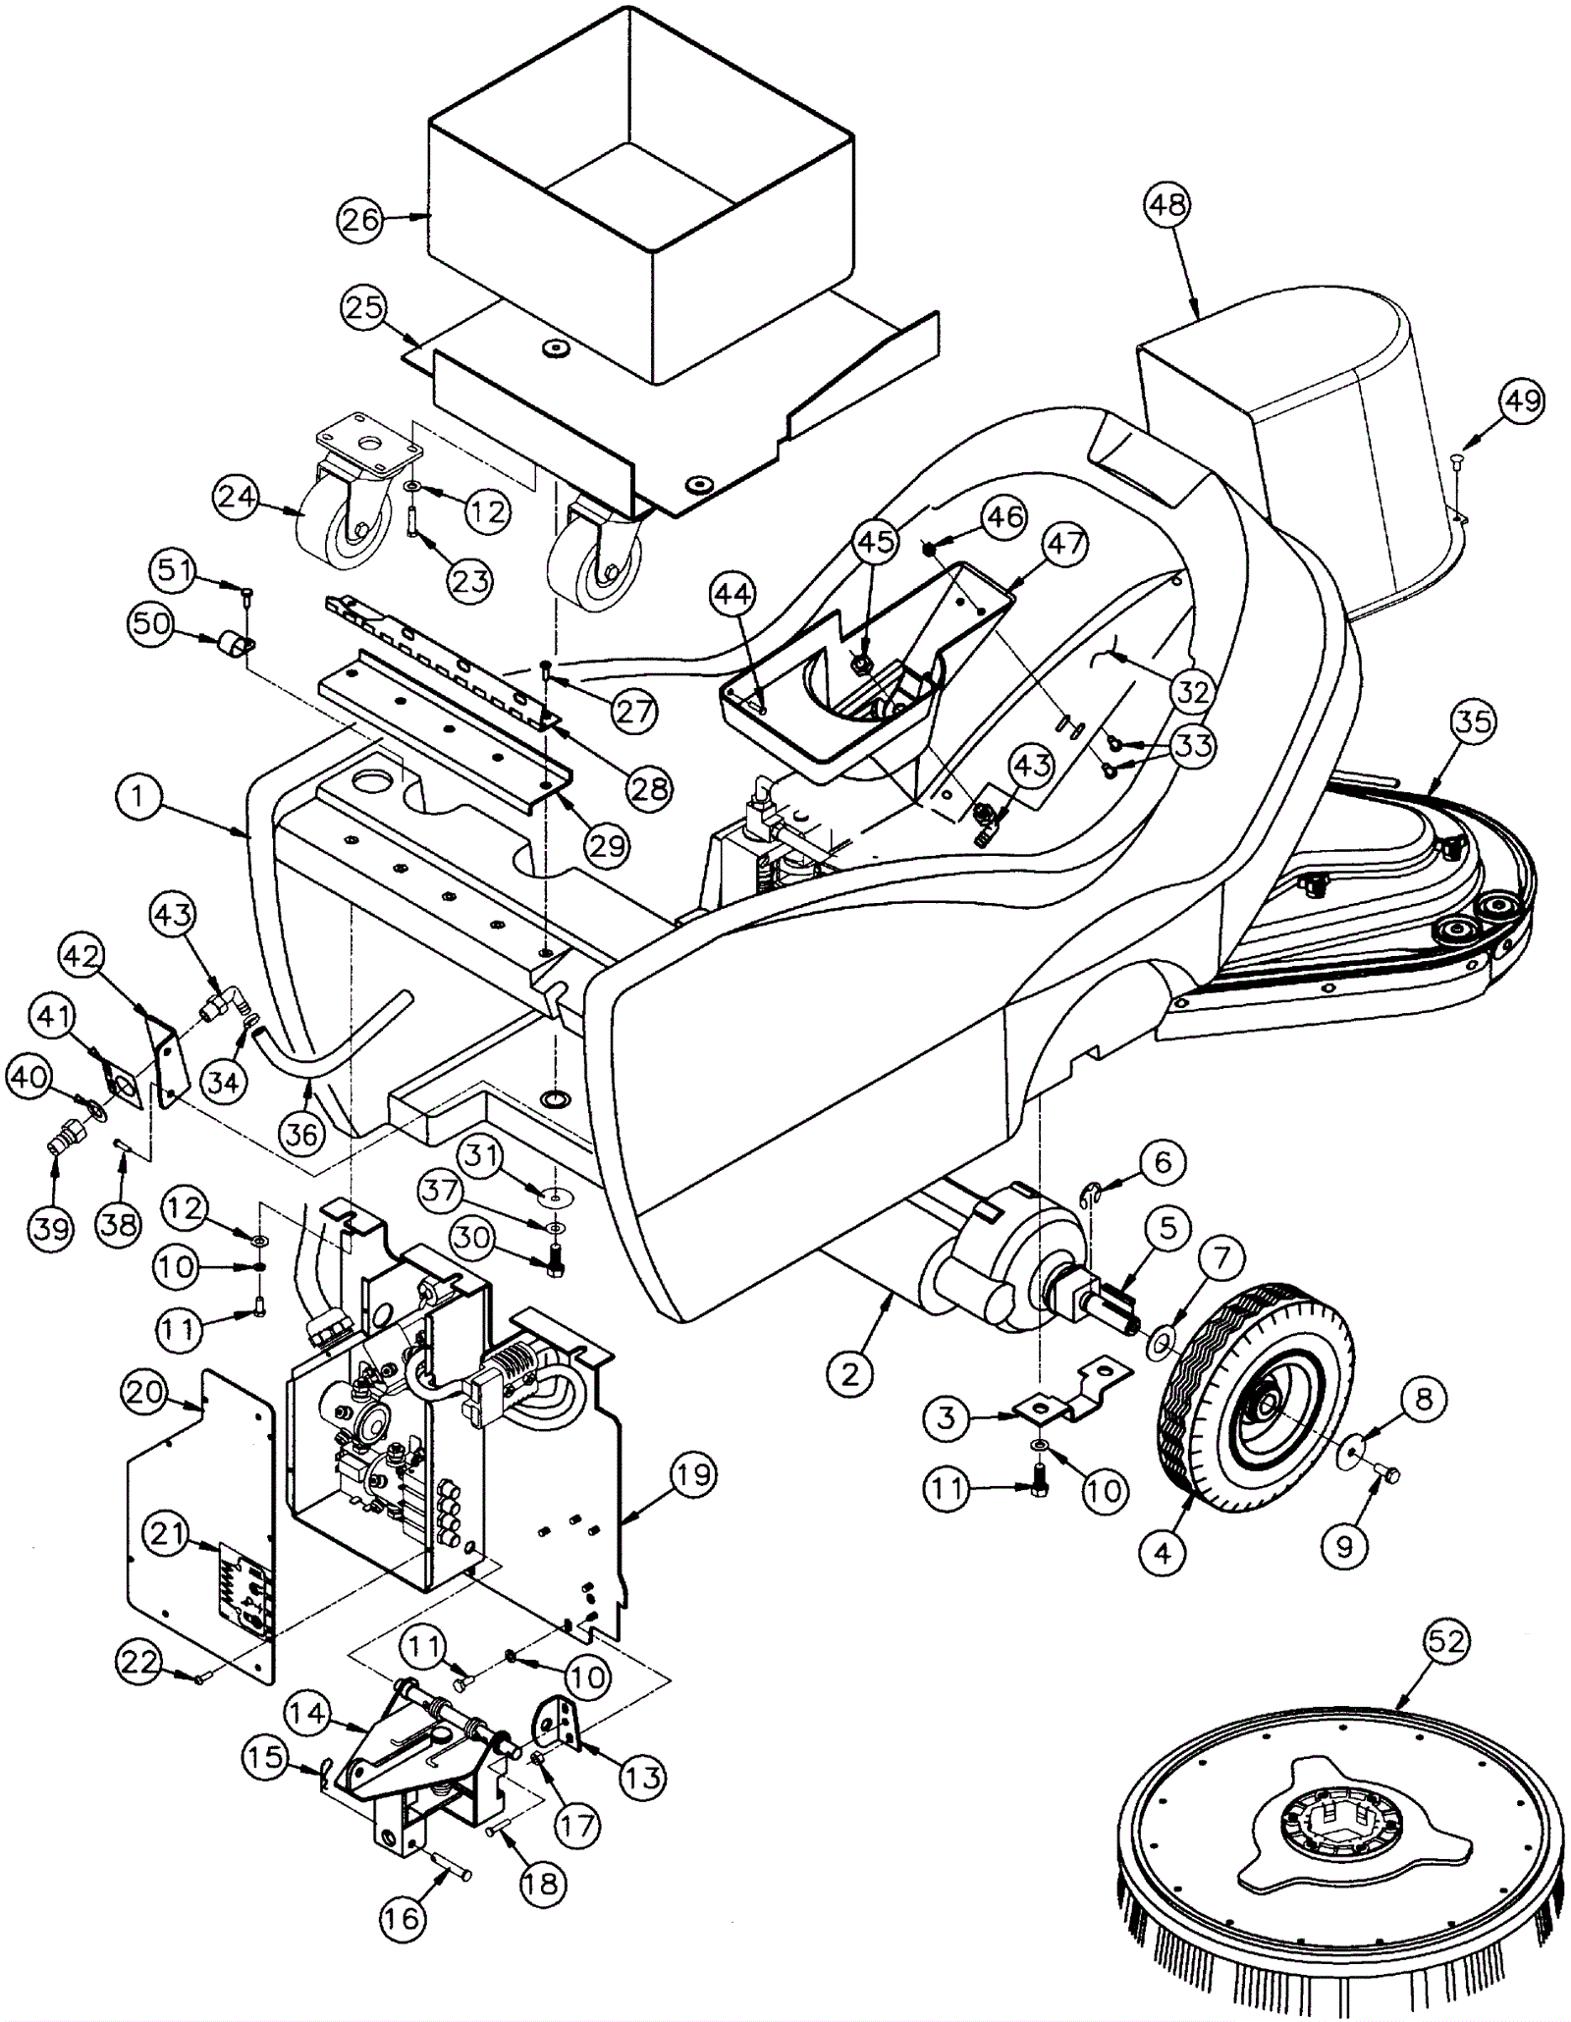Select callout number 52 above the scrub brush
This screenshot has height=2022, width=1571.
(1445, 1642)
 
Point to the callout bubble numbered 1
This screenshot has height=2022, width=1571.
(137, 796)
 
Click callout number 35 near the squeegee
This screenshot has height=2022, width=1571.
(1473, 721)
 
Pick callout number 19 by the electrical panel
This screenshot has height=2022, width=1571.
(692, 1475)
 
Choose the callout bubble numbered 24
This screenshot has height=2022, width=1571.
(238, 497)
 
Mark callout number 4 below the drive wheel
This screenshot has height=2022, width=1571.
(1164, 1553)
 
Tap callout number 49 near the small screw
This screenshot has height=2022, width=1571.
(1521, 401)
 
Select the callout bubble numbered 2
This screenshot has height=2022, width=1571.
(849, 1373)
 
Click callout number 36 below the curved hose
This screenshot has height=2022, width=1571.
(300, 1134)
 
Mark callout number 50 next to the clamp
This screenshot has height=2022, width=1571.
(152, 625)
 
